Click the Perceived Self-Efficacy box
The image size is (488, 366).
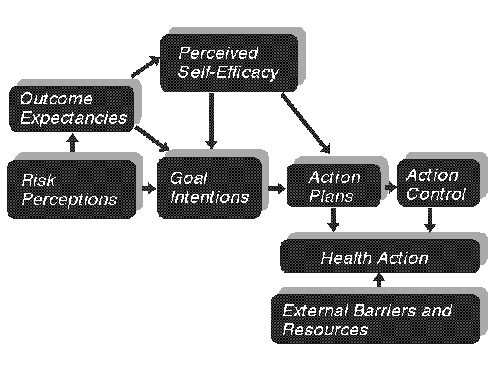(229, 63)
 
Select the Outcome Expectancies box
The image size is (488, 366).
(72, 109)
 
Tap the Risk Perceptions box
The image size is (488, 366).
(72, 190)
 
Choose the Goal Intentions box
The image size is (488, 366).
(210, 188)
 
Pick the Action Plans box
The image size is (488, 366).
(334, 186)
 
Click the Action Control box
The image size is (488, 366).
(439, 183)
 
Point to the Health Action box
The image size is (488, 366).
(380, 256)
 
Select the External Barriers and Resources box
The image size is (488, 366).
(376, 319)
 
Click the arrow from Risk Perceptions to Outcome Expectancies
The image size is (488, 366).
(73, 143)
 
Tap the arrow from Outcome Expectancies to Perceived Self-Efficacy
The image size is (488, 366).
(146, 66)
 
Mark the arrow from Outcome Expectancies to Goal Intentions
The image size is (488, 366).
(152, 139)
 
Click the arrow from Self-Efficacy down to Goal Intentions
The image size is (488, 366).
(211, 121)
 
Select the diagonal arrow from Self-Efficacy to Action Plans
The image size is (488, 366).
(306, 124)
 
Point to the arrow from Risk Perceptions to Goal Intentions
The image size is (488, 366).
(149, 188)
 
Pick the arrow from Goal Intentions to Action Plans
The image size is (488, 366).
(276, 188)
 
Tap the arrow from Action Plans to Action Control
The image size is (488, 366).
(391, 188)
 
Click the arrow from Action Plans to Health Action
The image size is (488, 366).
(333, 220)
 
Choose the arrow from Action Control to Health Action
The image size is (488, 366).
(430, 220)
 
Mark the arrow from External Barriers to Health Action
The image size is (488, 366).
(379, 280)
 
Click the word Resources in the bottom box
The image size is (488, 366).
(326, 330)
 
